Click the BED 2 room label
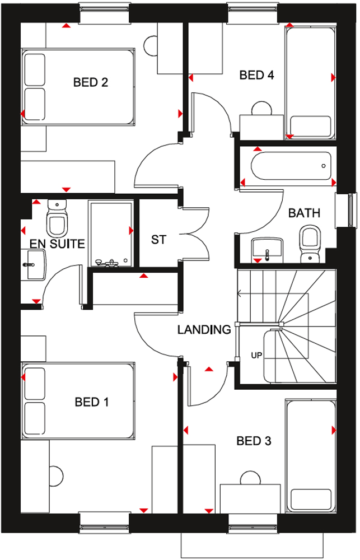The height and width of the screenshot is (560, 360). click(91, 82)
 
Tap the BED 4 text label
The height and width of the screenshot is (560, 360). click(256, 75)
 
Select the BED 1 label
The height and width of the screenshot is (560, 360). click(91, 402)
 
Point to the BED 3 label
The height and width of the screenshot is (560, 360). click(254, 441)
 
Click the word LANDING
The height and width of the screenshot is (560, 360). click(204, 329)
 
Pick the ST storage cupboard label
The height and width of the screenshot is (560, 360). click(158, 239)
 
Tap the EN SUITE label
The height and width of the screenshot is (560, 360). click(57, 244)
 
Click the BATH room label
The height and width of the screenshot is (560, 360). click(304, 213)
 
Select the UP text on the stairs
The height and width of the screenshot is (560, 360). click(256, 356)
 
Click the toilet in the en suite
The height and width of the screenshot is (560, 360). click(57, 218)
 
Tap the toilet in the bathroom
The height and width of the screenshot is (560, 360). click(310, 244)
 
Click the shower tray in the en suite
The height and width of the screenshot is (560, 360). click(111, 235)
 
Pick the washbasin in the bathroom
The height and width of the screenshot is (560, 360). click(267, 248)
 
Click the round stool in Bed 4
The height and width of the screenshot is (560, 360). click(261, 108)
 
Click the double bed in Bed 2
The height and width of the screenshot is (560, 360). click(78, 87)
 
